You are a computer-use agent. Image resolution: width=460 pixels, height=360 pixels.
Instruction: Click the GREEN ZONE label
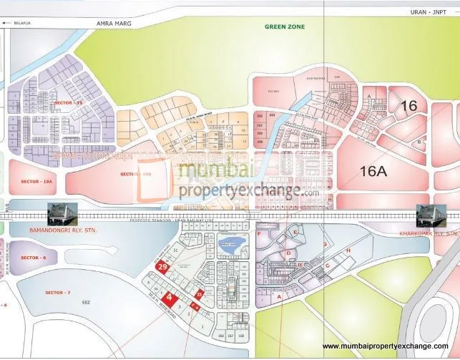coord(285,26)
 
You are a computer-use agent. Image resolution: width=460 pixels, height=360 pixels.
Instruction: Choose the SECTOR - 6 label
coord(34,258)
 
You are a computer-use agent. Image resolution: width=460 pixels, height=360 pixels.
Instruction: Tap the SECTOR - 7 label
coord(58,293)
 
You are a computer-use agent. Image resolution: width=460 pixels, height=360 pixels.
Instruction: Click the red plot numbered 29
coord(162,267)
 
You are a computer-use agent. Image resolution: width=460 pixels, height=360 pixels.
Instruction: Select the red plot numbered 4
coord(169,297)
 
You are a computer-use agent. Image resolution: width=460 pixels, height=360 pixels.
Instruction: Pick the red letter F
coord(258,234)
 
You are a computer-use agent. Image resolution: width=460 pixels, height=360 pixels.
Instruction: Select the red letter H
coord(348,250)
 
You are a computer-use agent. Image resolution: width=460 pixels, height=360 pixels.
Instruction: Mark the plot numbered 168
coord(241,334)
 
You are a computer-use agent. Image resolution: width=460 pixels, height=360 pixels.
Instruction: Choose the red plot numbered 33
coord(200,292)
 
